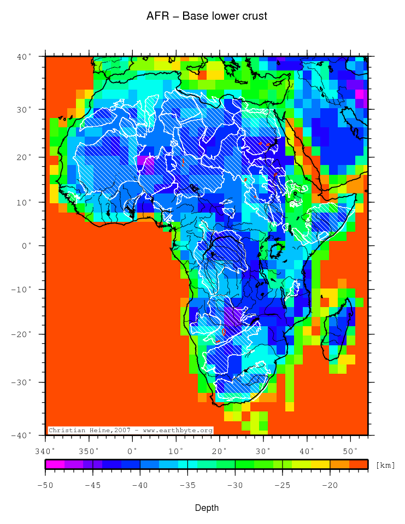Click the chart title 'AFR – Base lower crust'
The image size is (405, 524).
[x=207, y=16]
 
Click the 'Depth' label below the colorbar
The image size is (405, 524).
[x=207, y=508]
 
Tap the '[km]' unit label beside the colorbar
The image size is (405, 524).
[x=385, y=465]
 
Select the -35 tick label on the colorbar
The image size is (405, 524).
[x=187, y=485]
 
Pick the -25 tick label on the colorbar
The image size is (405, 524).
[x=281, y=485]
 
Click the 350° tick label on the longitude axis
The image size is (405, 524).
[x=89, y=451]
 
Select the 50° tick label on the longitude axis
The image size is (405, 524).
[x=350, y=451]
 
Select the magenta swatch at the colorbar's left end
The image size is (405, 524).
[x=55, y=464]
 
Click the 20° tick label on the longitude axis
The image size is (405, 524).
[x=220, y=451]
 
